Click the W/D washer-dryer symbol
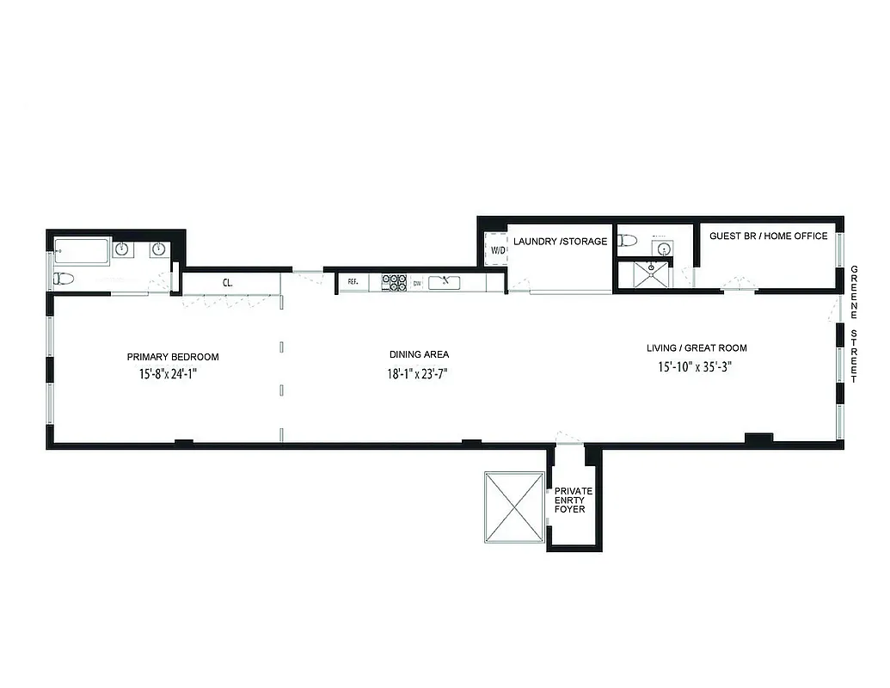point(496,250)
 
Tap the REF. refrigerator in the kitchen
point(353,281)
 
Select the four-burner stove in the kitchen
point(393,281)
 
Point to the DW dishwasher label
point(417,282)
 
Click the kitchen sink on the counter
point(445,281)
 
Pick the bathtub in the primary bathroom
point(82,251)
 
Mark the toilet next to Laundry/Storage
point(628,242)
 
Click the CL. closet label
point(228,282)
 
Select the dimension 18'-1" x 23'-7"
point(419,374)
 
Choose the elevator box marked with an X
point(514,507)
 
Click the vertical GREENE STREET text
point(854,324)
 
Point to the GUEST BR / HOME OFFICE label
point(768,236)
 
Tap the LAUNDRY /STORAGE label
point(560,242)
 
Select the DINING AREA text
point(419,354)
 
